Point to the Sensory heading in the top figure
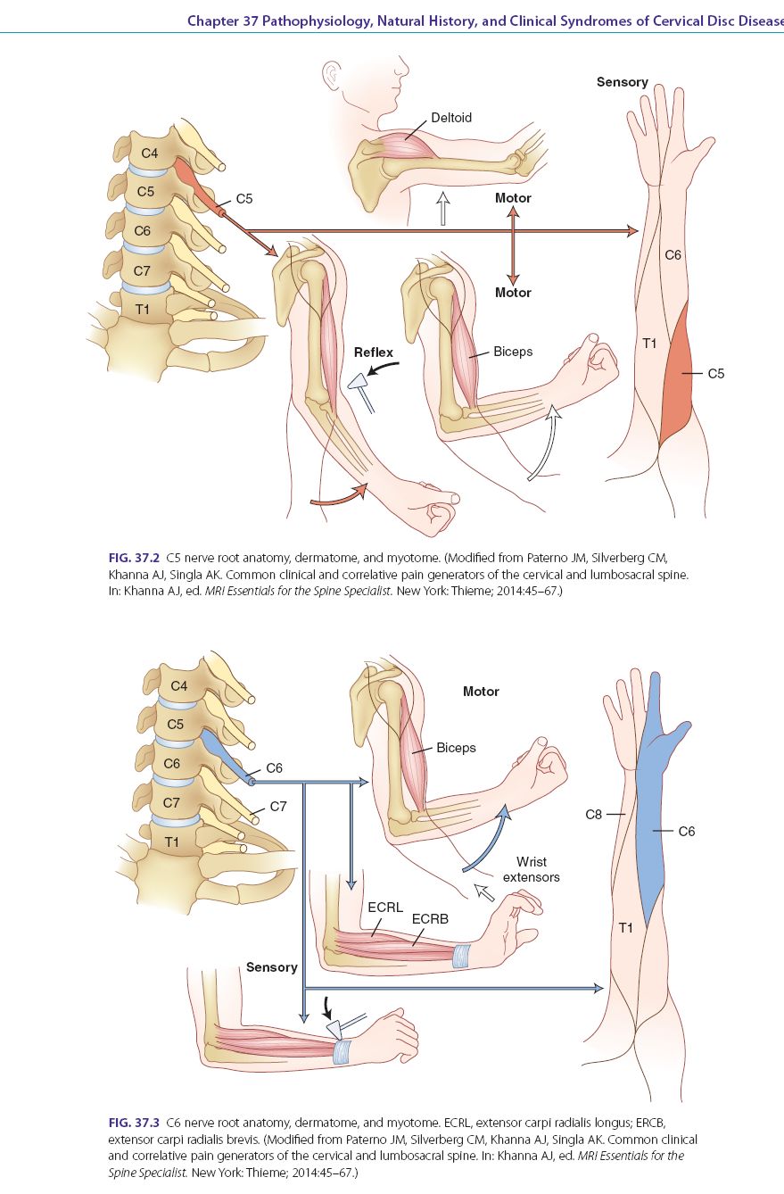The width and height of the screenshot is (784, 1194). [622, 82]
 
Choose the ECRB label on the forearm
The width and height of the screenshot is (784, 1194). [429, 917]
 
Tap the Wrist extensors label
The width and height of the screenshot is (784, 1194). [532, 869]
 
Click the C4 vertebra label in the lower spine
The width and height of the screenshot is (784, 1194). [179, 686]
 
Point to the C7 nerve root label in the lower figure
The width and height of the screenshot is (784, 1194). [277, 806]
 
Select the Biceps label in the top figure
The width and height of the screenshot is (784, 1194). [513, 352]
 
